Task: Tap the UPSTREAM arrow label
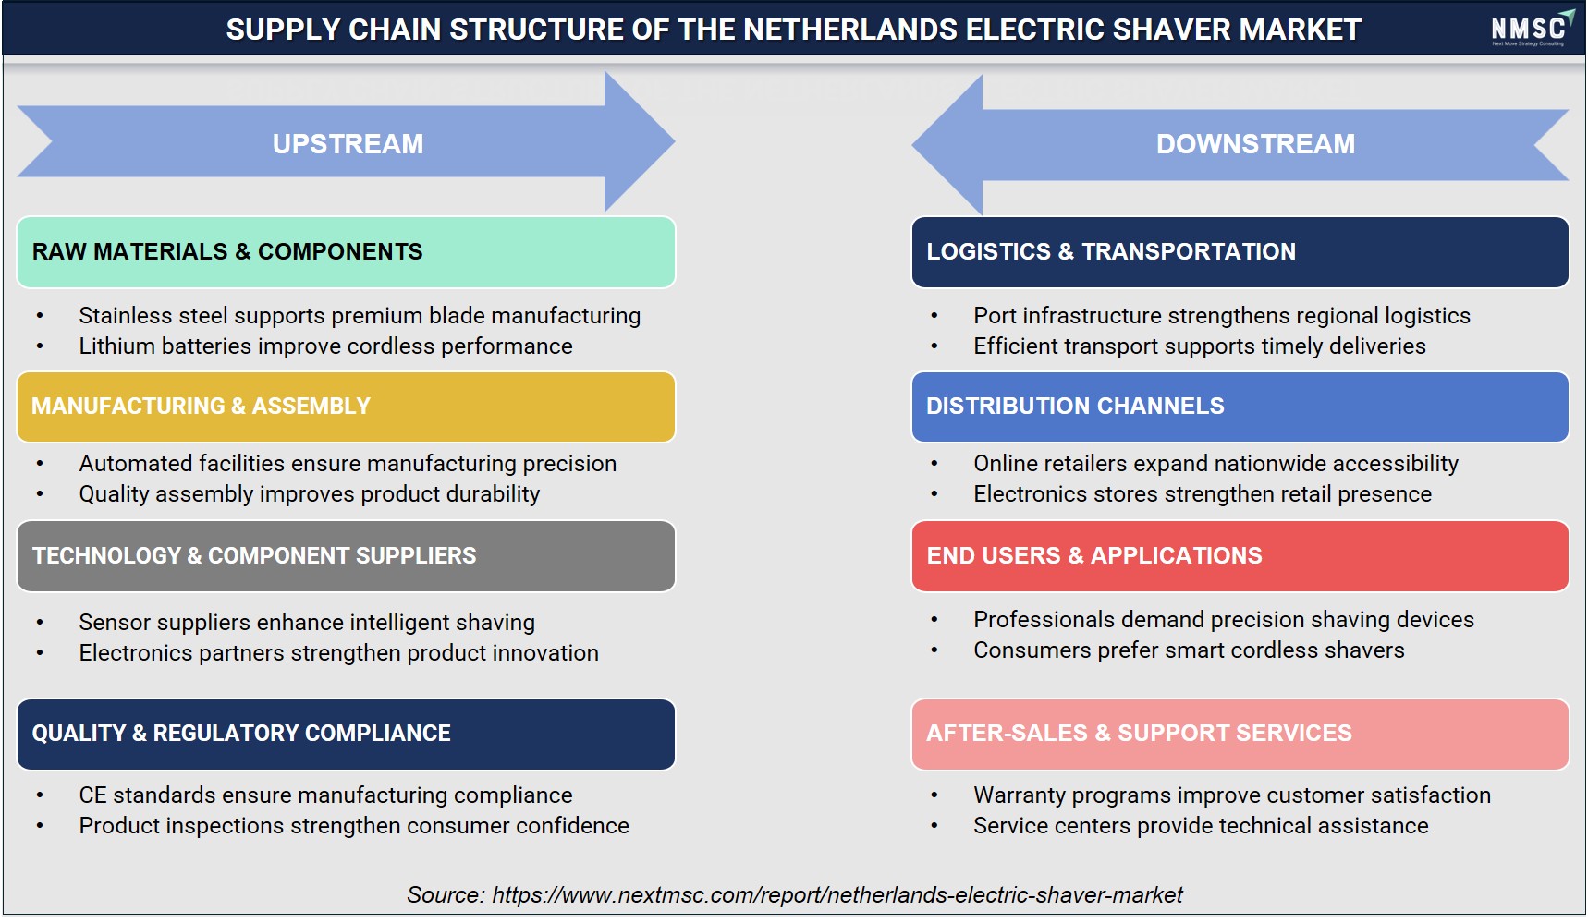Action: coord(348,144)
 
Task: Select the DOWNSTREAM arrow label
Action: coord(1255,144)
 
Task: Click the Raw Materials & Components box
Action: coord(346,252)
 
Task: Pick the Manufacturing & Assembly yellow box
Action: coord(346,407)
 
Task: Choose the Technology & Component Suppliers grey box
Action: coord(346,556)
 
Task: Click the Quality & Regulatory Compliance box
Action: coord(346,734)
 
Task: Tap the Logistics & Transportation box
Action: coord(1240,252)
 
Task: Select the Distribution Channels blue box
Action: coord(1240,407)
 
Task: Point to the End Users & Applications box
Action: coord(1240,556)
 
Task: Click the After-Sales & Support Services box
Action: coord(1240,734)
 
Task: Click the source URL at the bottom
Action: coord(837,895)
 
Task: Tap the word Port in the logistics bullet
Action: coord(995,316)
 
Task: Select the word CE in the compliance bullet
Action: coord(92,795)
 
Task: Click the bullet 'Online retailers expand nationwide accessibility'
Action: coord(1215,464)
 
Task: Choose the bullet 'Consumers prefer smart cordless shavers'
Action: coord(1189,650)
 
